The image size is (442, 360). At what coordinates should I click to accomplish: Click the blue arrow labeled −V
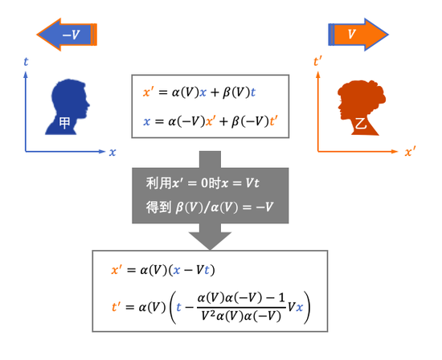coord(67,35)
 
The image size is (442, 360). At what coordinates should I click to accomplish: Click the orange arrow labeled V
coord(358,35)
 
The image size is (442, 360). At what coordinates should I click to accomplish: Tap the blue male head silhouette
coord(68,107)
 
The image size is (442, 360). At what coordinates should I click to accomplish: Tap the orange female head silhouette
coord(362,108)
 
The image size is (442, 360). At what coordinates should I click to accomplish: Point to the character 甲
coord(64,123)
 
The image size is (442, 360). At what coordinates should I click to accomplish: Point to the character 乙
coord(361,123)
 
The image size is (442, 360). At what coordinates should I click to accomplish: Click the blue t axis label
coord(26,62)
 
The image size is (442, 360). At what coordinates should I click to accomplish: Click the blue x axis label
coord(113,152)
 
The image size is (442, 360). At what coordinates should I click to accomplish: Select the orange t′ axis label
coord(317,61)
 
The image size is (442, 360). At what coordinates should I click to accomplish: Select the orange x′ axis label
coord(410,152)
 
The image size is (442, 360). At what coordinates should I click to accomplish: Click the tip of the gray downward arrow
coord(210,250)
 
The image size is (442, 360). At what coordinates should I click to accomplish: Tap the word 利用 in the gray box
coord(158,183)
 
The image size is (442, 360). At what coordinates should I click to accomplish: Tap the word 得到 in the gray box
coord(158,207)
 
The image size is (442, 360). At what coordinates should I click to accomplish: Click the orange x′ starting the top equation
coord(148,92)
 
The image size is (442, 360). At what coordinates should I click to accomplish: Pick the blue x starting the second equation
coord(146,121)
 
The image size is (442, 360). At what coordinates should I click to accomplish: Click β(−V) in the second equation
coord(250,121)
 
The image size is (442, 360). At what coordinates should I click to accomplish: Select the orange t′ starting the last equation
coord(117,306)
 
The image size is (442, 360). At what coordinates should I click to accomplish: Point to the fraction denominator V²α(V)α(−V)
coord(241,317)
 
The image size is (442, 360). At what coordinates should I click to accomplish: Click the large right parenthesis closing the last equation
coord(307,308)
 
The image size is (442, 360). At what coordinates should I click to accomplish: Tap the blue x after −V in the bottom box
coord(300,307)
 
